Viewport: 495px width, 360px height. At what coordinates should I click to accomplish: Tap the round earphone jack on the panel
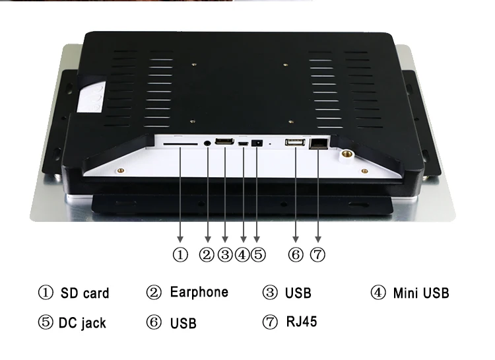[209, 141]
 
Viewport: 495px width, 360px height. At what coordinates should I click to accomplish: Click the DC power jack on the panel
[258, 143]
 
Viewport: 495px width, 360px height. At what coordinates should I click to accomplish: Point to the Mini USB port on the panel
[243, 143]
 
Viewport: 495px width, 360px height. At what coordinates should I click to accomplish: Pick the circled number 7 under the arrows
[318, 254]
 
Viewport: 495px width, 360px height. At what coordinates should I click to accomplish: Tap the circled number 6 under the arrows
[296, 254]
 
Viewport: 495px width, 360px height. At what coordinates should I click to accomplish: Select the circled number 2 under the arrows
[208, 254]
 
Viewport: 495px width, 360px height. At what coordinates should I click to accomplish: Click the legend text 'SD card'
[84, 293]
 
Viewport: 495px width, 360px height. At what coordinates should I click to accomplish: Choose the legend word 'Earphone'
[199, 292]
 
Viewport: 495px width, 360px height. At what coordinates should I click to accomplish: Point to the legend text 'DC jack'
[82, 323]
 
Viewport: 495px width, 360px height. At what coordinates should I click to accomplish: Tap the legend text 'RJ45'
[302, 322]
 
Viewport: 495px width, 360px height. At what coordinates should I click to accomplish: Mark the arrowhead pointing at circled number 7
[318, 238]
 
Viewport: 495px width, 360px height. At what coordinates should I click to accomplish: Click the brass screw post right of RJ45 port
[345, 155]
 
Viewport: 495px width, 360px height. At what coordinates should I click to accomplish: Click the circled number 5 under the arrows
[258, 254]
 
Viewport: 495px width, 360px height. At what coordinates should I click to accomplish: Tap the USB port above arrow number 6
[295, 142]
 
